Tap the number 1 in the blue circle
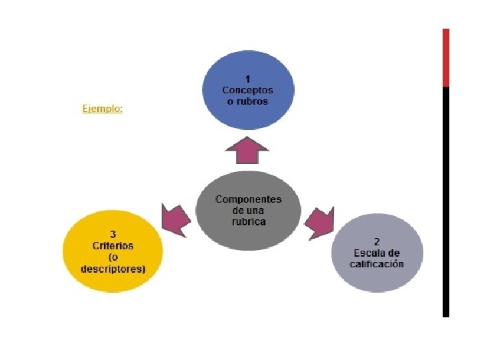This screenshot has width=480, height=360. [x=247, y=79]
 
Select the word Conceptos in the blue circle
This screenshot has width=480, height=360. [x=247, y=90]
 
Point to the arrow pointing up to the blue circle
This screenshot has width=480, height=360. [x=247, y=151]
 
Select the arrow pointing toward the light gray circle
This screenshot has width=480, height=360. [x=319, y=221]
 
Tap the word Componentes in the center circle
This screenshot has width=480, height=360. [x=248, y=199]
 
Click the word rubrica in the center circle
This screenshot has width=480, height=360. [x=249, y=221]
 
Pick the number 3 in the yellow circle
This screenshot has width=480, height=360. [x=113, y=234]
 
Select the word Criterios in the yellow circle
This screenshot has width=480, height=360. [x=113, y=245]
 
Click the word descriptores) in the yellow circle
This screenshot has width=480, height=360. [x=113, y=269]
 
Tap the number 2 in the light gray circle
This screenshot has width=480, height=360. [x=377, y=241]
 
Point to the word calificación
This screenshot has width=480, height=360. [x=377, y=264]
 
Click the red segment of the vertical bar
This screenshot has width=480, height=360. [x=446, y=57]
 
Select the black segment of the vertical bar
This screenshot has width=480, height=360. [x=446, y=200]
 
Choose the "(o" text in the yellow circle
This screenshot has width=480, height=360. [x=113, y=257]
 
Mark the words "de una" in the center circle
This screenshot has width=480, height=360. [x=249, y=211]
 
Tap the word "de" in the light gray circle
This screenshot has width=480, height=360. [x=394, y=253]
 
